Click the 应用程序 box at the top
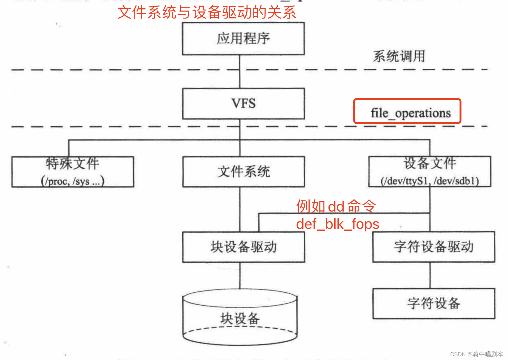pyautogui.click(x=243, y=39)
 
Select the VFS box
pyautogui.click(x=243, y=103)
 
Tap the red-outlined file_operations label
pyautogui.click(x=407, y=112)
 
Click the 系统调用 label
pyautogui.click(x=399, y=56)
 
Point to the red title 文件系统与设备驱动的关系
pyautogui.click(x=207, y=12)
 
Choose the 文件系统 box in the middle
pyautogui.click(x=243, y=172)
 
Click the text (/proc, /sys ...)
pyautogui.click(x=73, y=181)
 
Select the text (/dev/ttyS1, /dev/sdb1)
pyautogui.click(x=430, y=181)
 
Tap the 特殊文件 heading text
pyautogui.click(x=73, y=163)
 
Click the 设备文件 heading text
pyautogui.click(x=430, y=163)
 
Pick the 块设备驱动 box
pyautogui.click(x=243, y=247)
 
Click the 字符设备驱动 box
pyautogui.click(x=433, y=247)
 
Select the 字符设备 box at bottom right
pyautogui.click(x=434, y=303)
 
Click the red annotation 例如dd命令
pyautogui.click(x=336, y=206)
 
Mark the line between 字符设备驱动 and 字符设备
pyautogui.click(x=430, y=275)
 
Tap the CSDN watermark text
pyautogui.click(x=476, y=354)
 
